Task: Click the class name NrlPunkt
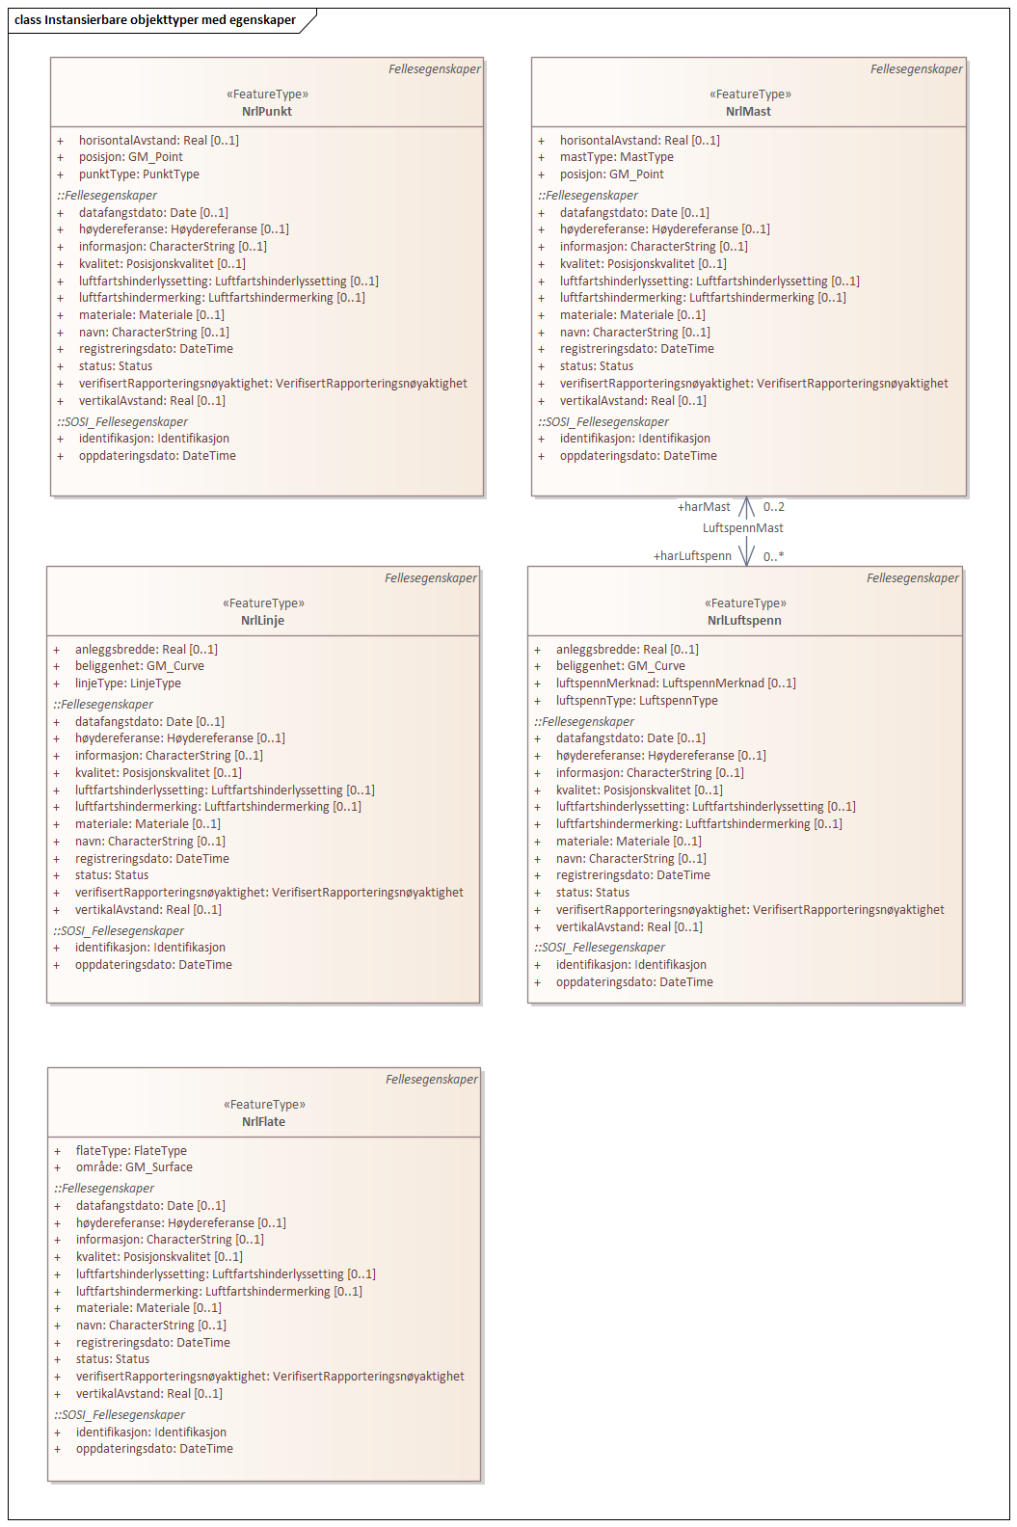[267, 112]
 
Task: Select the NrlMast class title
[748, 112]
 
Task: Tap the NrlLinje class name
[262, 621]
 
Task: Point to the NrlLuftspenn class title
[744, 621]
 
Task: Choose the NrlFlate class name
[263, 1122]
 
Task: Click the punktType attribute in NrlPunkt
[139, 174]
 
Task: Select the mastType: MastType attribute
[616, 157]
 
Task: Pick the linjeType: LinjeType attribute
[127, 683]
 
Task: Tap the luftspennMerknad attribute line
[675, 683]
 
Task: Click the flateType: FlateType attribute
[131, 1151]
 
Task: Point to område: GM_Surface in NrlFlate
[134, 1167]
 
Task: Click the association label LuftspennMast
[742, 528]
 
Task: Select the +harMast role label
[704, 507]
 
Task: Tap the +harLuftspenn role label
[692, 556]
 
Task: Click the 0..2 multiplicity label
[773, 507]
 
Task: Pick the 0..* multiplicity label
[773, 556]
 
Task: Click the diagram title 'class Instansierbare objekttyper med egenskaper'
[155, 20]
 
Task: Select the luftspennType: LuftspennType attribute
[636, 701]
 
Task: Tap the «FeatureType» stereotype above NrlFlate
[264, 1105]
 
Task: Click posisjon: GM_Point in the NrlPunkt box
[130, 157]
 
